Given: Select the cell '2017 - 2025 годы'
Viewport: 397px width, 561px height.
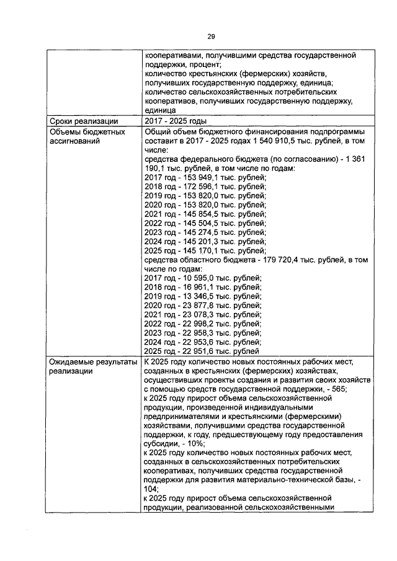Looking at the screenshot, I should pyautogui.click(x=175, y=121).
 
